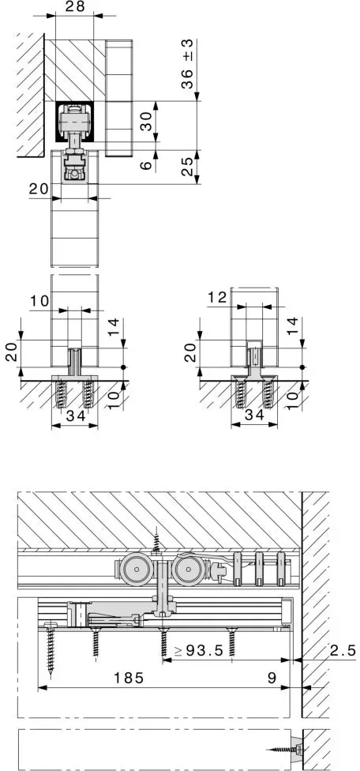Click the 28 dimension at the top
tap(74, 6)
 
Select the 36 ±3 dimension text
tap(186, 64)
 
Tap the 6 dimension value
tap(146, 165)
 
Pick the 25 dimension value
tap(186, 167)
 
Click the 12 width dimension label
tap(217, 297)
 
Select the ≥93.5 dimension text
tap(199, 651)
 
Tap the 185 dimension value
tap(129, 678)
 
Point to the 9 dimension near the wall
tap(272, 678)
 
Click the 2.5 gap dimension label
tap(342, 651)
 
